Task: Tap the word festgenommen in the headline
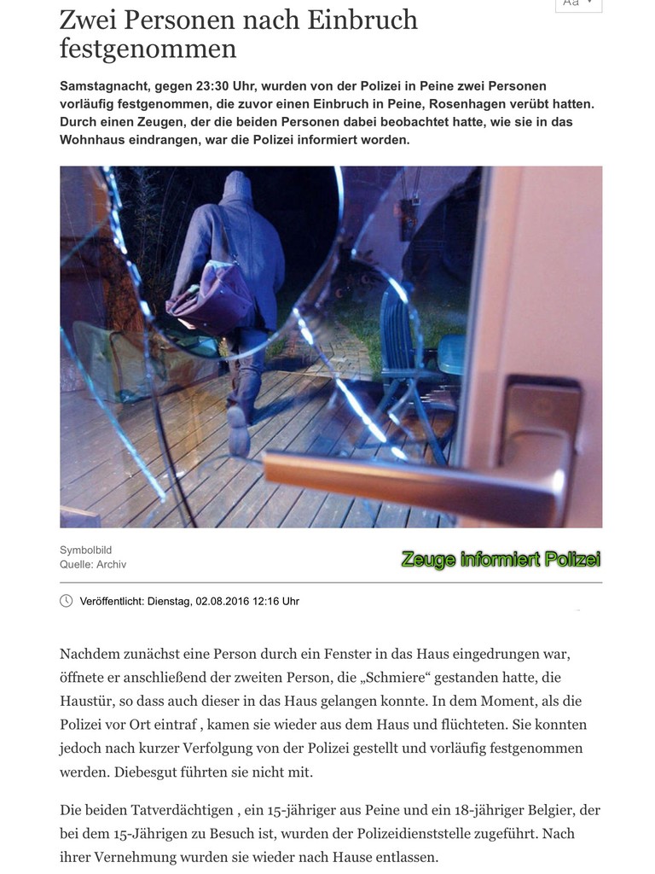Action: [148, 49]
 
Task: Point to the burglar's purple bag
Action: [208, 298]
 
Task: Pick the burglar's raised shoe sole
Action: [238, 430]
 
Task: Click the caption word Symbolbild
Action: [85, 551]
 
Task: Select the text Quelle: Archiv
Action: [93, 564]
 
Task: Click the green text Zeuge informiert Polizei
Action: [501, 560]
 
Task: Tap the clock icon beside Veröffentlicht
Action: [67, 601]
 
